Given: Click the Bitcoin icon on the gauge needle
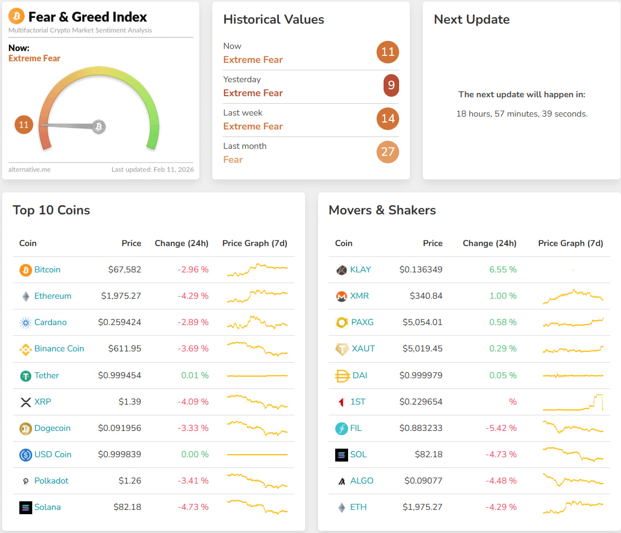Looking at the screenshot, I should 98,127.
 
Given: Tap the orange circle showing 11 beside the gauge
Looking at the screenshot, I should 24,125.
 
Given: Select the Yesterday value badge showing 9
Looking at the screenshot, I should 391,85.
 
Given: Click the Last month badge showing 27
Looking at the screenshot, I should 388,152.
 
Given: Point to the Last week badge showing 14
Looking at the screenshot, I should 388,119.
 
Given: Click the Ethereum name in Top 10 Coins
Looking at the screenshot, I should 53,296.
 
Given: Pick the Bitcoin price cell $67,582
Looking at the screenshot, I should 125,270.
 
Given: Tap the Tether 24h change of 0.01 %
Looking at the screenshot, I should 194,376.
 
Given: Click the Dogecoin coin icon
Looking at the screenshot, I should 25,428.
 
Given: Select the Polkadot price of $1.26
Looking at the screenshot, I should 129,481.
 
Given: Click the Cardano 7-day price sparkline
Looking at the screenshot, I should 257,322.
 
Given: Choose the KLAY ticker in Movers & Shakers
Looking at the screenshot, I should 360,270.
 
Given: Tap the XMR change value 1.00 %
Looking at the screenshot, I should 503,296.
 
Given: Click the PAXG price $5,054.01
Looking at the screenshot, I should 422,322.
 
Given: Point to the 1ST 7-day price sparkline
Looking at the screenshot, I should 573,402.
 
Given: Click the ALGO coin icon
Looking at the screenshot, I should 341,481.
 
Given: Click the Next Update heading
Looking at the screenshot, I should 472,19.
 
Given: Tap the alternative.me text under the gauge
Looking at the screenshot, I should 30,169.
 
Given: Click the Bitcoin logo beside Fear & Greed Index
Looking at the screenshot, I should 17,17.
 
